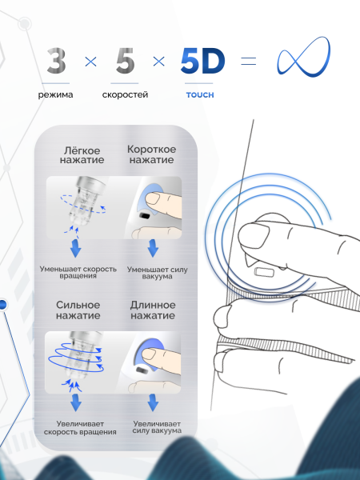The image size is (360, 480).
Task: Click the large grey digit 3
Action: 56,61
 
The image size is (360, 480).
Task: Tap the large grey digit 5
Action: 125,61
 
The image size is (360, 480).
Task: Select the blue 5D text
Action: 202,61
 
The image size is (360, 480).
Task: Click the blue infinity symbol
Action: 304,57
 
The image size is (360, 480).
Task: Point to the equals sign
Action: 248,61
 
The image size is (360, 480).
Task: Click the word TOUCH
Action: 200,95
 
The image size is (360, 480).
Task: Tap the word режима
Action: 55,95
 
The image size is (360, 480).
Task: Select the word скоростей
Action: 125,94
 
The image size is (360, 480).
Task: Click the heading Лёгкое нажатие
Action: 82,155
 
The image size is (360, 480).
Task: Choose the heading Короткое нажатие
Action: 151,154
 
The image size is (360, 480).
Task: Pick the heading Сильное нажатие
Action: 78,310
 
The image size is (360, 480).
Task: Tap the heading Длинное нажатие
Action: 153,310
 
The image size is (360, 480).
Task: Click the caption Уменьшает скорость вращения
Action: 78,272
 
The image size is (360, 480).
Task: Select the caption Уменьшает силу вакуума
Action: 158,273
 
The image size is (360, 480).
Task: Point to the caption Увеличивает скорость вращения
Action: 80,428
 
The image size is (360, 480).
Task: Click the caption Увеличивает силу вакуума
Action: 157,427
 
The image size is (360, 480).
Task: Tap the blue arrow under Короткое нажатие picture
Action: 153,248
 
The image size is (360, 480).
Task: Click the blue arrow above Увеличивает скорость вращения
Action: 76,403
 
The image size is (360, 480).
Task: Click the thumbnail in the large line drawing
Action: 254,236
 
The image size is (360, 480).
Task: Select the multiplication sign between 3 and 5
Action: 90,62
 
